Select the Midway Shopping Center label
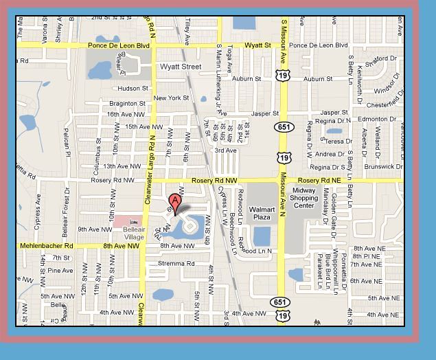(x=304, y=197)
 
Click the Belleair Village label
(x=129, y=233)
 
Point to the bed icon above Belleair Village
(x=133, y=221)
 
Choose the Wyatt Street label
(x=181, y=67)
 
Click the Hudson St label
(x=133, y=89)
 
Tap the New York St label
(x=171, y=98)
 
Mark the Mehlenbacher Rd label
(x=46, y=245)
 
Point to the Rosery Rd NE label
(x=319, y=180)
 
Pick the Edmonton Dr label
(x=377, y=119)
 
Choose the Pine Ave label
(x=60, y=271)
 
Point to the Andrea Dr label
(x=330, y=155)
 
